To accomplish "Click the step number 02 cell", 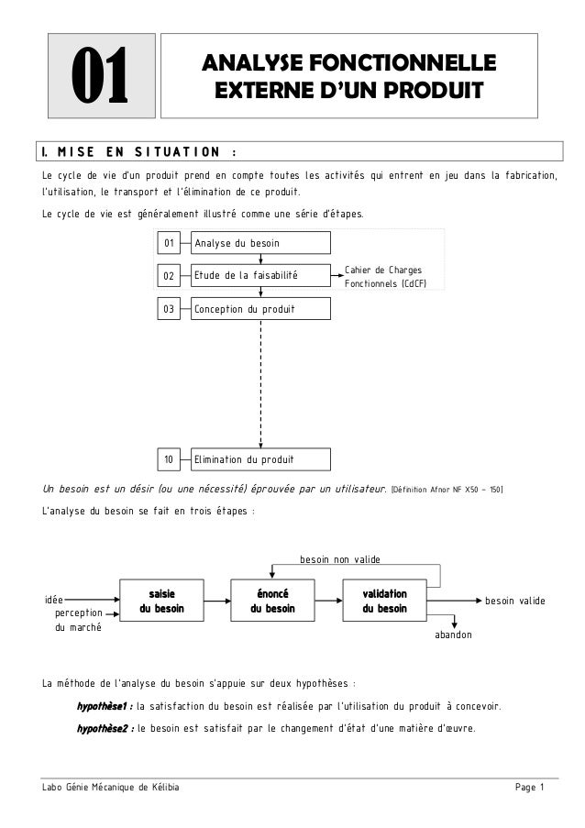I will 169,274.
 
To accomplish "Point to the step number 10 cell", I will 169,458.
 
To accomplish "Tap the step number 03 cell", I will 169,310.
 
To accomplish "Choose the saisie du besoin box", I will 161,601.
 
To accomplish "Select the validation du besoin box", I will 384,601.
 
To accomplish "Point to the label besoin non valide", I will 339,558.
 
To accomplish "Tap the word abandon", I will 453,634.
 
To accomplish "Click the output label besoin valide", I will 514,600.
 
